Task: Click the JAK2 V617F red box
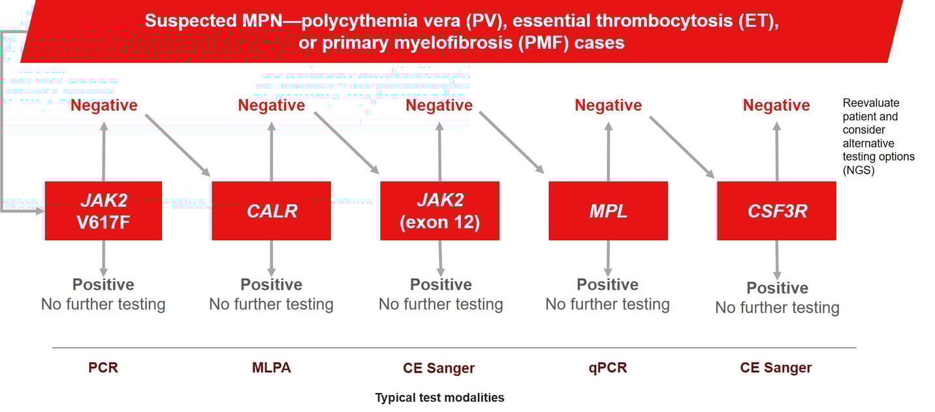tap(103, 211)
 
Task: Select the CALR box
tap(272, 211)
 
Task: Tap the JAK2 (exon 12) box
tap(439, 211)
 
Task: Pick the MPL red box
tap(608, 211)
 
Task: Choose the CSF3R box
tap(776, 211)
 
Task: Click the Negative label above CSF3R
tap(776, 105)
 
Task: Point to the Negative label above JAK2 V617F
tap(104, 105)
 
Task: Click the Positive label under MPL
tap(607, 285)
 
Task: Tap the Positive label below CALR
tap(271, 285)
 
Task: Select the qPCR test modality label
tap(607, 368)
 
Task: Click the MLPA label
tap(271, 368)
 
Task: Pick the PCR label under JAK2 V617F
tap(103, 368)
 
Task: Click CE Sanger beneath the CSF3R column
tap(776, 368)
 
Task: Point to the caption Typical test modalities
tap(439, 397)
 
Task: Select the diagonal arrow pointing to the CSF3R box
tap(682, 146)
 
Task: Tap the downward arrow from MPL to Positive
tap(608, 258)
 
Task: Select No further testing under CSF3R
tap(777, 308)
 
